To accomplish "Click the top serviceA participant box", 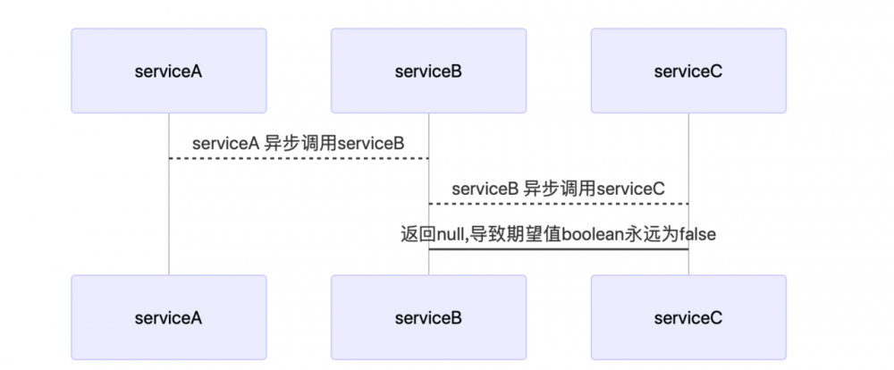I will pos(169,71).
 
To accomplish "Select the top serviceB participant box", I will pos(428,71).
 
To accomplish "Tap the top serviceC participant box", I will pos(688,71).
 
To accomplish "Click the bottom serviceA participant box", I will pos(169,317).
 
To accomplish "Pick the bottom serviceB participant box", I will pos(428,317).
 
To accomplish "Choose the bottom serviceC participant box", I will pos(688,317).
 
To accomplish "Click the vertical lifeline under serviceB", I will pos(428,134).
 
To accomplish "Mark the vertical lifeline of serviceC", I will pos(688,143).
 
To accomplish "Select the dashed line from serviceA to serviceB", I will pos(299,158).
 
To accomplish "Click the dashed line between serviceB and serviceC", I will pos(559,204).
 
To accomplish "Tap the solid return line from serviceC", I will pos(559,249).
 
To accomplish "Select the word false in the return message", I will pos(698,234).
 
